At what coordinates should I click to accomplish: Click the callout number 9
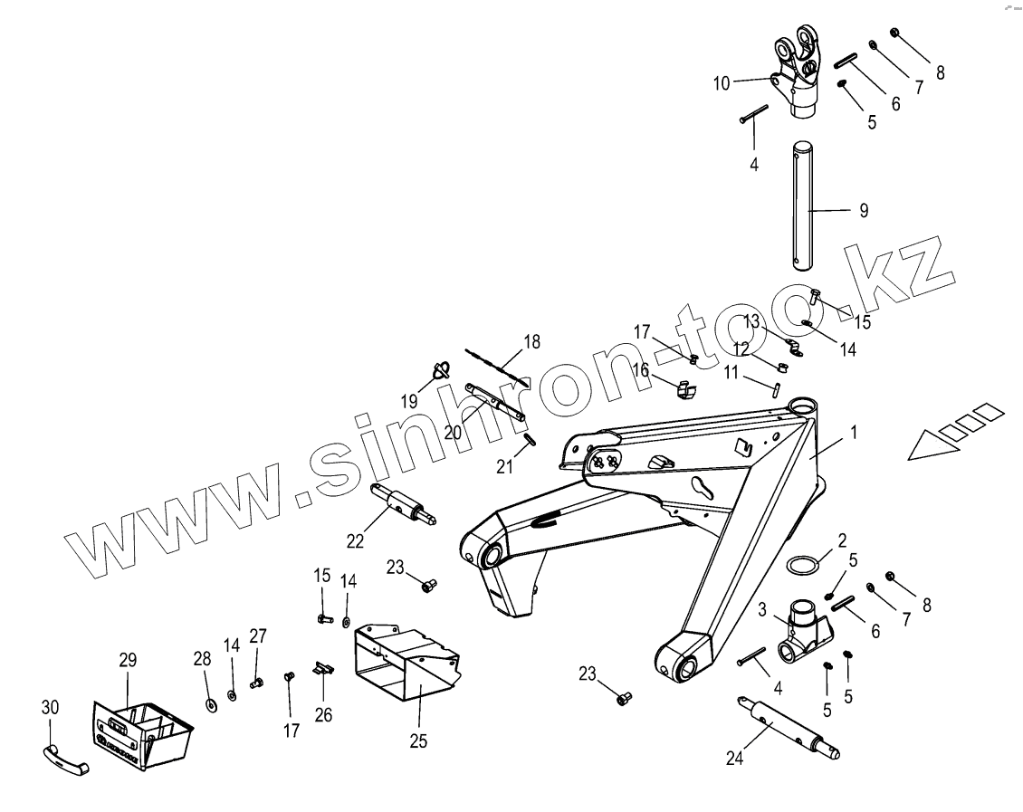863,210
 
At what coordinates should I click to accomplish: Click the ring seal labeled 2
803,566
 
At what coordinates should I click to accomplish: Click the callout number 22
355,540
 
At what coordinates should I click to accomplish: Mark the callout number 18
531,342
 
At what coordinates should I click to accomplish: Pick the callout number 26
323,715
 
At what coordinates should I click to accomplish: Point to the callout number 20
453,433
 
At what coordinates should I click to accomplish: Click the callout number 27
258,635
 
